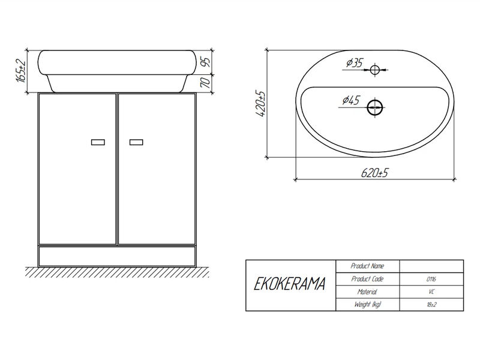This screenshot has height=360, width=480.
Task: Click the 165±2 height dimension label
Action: click(22, 71)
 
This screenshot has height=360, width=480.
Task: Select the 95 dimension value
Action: click(206, 62)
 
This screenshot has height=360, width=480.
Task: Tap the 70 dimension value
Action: click(206, 83)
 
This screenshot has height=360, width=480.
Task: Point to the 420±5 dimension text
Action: click(261, 104)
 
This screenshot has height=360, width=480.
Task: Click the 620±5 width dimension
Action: click(374, 173)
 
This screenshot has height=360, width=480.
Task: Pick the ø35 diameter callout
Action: click(355, 63)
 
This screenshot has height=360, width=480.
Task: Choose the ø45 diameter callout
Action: click(351, 100)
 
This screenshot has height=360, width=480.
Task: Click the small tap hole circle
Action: click(374, 70)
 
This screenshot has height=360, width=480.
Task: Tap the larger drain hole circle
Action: click(375, 108)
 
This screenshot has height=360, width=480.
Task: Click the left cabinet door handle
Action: click(98, 142)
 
